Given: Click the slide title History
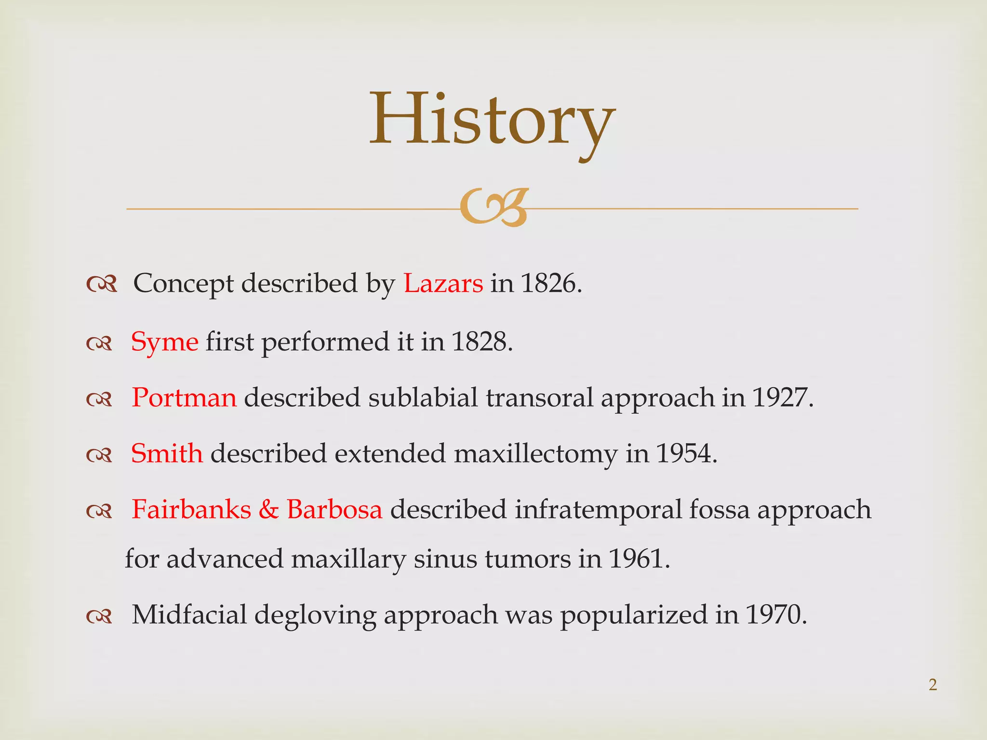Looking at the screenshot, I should (492, 120).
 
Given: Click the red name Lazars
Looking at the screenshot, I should (443, 283).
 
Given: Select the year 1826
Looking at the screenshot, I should (550, 283).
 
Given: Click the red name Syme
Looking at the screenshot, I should (164, 342).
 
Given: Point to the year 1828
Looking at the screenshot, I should (481, 342).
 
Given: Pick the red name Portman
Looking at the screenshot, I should (184, 398).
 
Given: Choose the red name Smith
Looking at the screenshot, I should (167, 454).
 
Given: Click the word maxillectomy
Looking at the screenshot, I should (535, 454).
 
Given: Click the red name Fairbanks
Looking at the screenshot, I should (191, 510).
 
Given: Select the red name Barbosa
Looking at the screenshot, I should (334, 510).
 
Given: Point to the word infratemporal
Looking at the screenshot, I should (598, 510).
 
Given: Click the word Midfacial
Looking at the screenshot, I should (189, 615).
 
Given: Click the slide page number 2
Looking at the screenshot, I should (933, 685).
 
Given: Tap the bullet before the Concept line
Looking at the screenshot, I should (101, 285).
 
